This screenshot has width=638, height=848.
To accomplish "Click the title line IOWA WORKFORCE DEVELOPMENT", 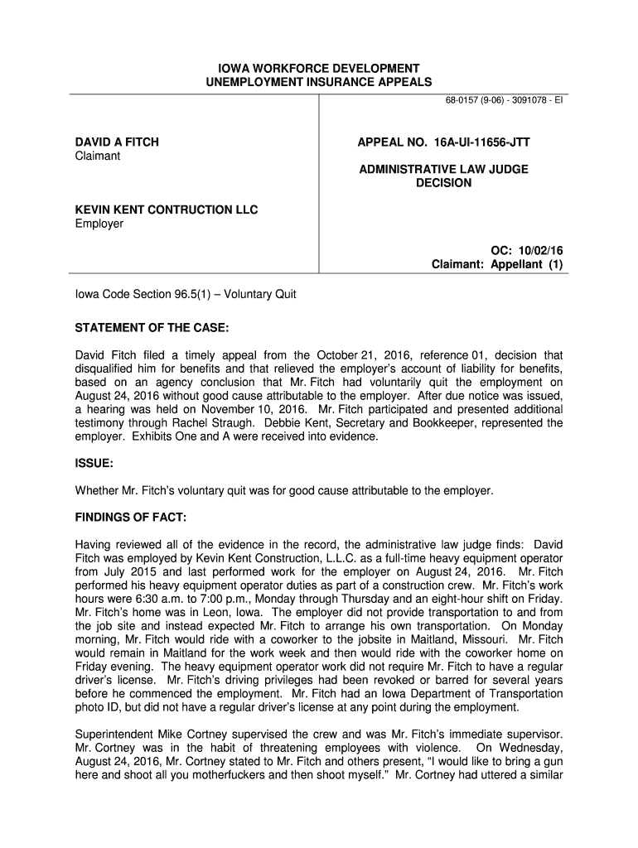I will coord(319,68).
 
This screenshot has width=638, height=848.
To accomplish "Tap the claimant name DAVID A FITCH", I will coord(117,142).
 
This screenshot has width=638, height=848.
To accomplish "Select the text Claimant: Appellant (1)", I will coord(497,265).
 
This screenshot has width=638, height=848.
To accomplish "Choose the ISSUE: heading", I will coord(94,465).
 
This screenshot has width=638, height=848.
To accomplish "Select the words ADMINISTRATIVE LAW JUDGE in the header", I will coord(443,169).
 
